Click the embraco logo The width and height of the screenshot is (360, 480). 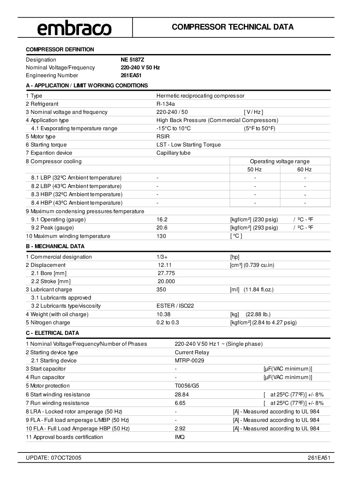(74, 28)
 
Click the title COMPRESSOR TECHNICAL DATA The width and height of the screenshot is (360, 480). (233, 27)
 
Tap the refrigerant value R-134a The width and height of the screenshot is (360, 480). (166, 104)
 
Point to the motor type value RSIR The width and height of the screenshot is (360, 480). (163, 137)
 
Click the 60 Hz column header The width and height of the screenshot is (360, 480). (304, 170)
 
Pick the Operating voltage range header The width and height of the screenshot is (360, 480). (280, 161)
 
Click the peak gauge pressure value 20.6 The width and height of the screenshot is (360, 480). (162, 228)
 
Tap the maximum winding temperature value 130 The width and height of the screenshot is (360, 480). (161, 236)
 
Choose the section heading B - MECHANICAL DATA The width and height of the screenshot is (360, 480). (55, 246)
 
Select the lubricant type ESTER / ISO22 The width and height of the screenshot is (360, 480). (175, 306)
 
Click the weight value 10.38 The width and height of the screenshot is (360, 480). (163, 314)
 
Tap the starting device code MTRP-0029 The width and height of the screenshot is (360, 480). (189, 361)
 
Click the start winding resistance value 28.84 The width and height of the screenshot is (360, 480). (182, 395)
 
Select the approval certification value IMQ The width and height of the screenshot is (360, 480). (180, 437)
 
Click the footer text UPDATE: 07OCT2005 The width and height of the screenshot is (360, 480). (53, 458)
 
